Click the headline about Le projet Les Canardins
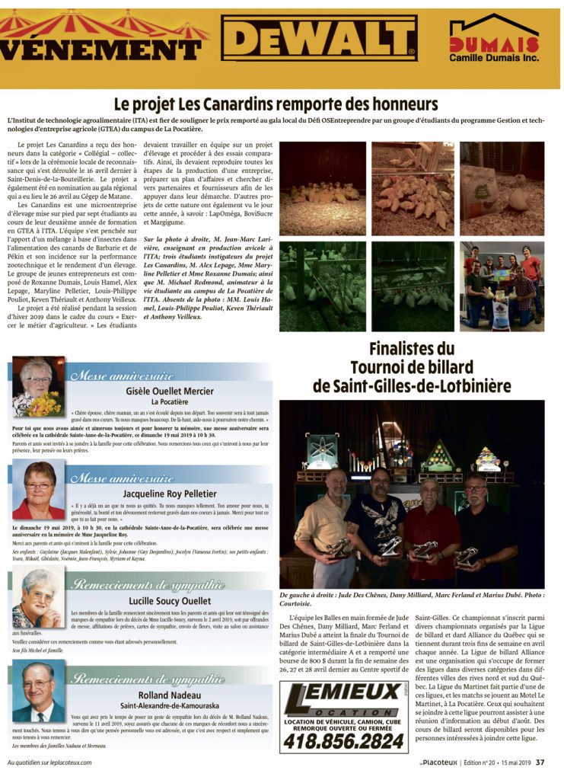[276, 104]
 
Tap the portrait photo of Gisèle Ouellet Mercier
[38, 388]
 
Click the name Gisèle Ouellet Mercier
[170, 391]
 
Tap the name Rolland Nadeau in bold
[170, 695]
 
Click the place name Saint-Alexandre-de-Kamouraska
[169, 706]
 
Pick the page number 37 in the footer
[540, 762]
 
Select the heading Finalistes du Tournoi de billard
[411, 368]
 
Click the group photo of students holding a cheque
[502, 285]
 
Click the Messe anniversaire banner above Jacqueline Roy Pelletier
[122, 479]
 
